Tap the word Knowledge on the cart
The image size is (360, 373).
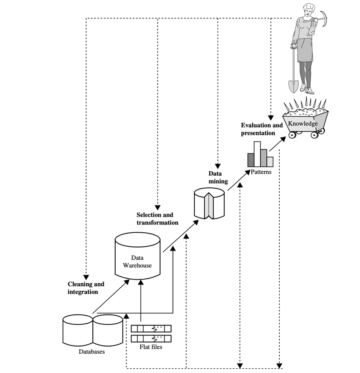point(303,124)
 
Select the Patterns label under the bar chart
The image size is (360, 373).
point(260,172)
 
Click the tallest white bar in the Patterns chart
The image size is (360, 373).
point(257,154)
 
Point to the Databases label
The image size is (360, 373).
point(92,352)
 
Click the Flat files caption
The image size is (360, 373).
point(151,346)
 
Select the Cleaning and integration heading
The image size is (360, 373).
point(86,288)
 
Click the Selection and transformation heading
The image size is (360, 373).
point(157,218)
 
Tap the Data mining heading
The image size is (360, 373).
point(218,177)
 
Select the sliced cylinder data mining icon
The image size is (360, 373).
point(209,204)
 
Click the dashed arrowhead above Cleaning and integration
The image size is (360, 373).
point(86,277)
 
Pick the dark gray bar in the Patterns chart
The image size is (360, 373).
point(251,160)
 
